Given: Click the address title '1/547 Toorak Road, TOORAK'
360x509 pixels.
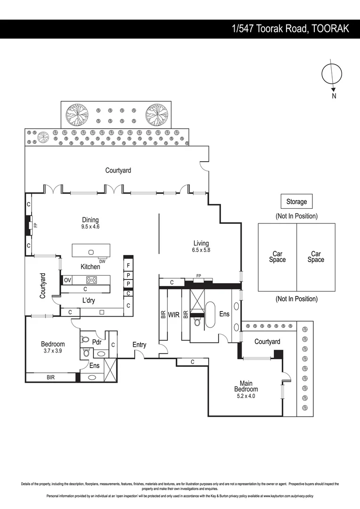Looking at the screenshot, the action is (291, 29).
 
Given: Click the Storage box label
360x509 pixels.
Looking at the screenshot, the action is (296, 202).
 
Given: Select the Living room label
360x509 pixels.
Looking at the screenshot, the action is (201, 243).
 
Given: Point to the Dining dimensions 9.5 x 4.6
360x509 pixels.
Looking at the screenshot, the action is (90, 227).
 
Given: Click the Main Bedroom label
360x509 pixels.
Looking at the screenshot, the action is (246, 386).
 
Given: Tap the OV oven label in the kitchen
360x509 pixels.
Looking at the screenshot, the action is (67, 280).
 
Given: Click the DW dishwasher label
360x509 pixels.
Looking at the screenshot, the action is (102, 261).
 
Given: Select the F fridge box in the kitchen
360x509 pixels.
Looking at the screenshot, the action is (128, 265).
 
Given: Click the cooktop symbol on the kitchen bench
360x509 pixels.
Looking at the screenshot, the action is (91, 280).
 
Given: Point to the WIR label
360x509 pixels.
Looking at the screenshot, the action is (174, 314).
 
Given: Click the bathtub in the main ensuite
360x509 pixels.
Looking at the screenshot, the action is (210, 315).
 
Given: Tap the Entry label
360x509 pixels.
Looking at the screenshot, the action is (139, 345).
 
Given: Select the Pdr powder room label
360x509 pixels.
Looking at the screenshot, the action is (97, 342).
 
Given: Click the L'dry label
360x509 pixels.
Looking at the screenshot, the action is (88, 300).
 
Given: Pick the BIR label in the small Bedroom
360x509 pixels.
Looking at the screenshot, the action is (50, 377).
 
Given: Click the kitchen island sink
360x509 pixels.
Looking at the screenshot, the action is (91, 252).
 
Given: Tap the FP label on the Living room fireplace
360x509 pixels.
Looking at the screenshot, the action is (199, 276).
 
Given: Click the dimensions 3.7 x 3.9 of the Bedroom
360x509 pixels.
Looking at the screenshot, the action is (53, 351).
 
